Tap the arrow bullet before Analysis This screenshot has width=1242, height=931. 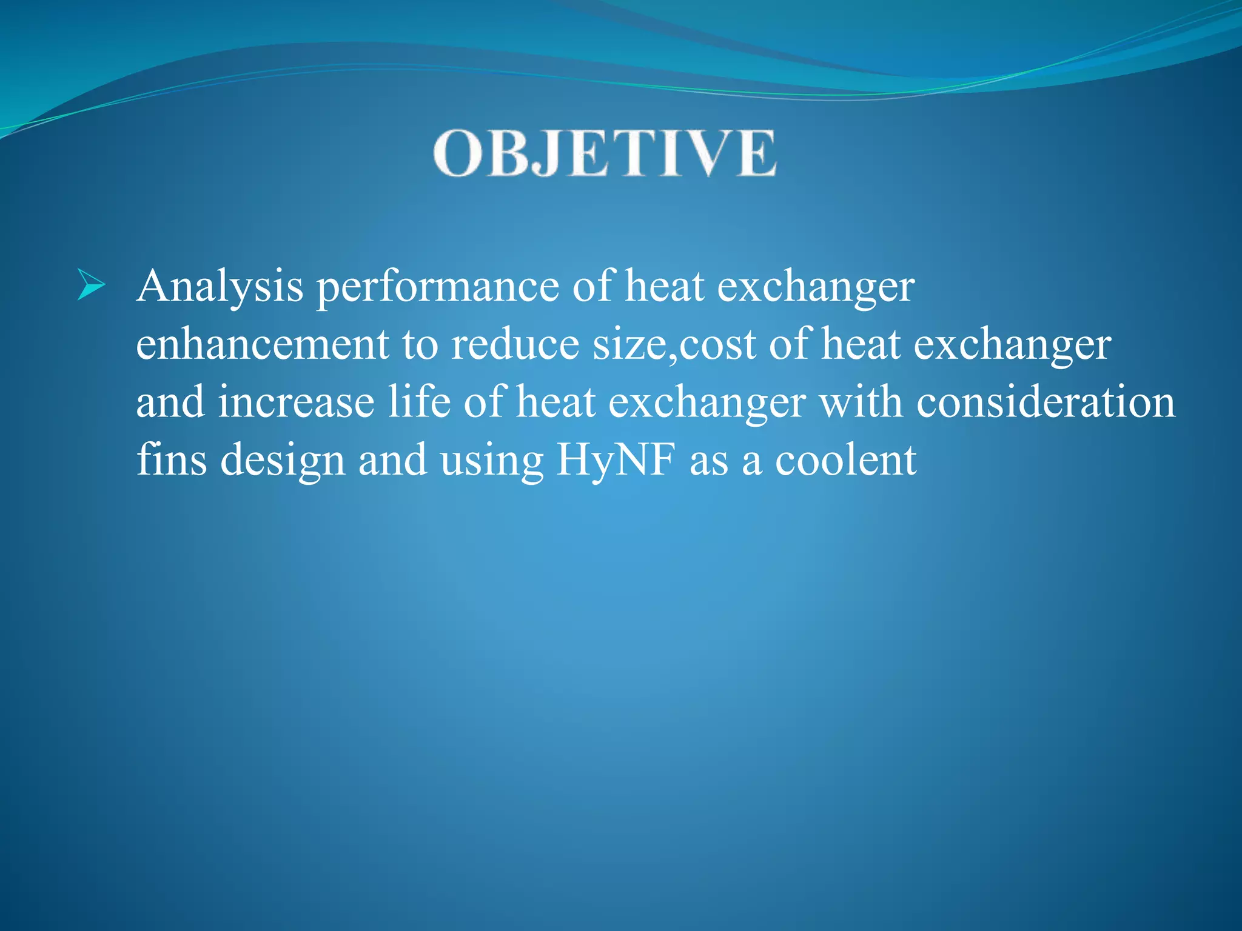(x=91, y=286)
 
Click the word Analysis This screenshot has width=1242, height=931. (x=220, y=286)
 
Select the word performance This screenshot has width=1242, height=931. (x=438, y=286)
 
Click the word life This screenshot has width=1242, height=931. (x=419, y=402)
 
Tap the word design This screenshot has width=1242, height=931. (x=283, y=461)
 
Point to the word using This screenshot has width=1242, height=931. (x=491, y=461)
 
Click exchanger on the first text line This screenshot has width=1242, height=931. (x=816, y=286)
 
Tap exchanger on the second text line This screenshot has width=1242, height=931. (x=1012, y=344)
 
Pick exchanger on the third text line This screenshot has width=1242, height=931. (x=707, y=403)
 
